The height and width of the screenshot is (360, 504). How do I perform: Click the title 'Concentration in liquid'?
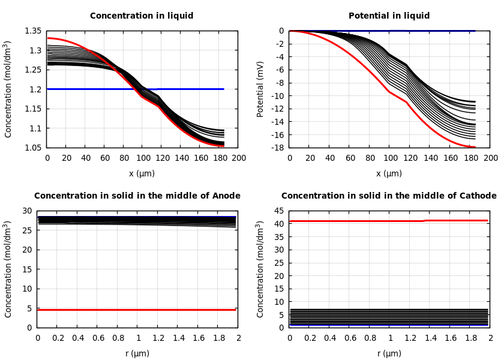click(142, 16)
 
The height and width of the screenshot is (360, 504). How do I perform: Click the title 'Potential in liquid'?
click(389, 16)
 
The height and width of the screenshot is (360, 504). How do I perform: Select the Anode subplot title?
click(137, 196)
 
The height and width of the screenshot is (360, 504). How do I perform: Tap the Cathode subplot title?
click(389, 196)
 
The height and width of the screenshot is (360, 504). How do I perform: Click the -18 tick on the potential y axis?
click(278, 148)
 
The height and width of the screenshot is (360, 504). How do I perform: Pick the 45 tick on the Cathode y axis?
click(278, 211)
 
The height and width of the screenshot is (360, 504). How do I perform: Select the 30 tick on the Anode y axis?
click(26, 211)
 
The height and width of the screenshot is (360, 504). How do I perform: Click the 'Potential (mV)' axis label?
click(260, 89)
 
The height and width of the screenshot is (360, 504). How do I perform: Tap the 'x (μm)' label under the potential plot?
click(389, 174)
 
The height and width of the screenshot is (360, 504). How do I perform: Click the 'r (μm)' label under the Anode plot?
click(137, 354)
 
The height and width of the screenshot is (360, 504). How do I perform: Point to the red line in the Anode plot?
click(137, 310)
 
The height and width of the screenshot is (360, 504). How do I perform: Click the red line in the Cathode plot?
click(360, 221)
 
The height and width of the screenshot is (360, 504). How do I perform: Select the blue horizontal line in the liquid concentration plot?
click(180, 89)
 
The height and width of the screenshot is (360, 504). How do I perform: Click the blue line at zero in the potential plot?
click(420, 31)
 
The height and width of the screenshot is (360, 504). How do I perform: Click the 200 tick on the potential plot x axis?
click(490, 158)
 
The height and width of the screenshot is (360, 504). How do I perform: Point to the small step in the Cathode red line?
click(425, 221)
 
